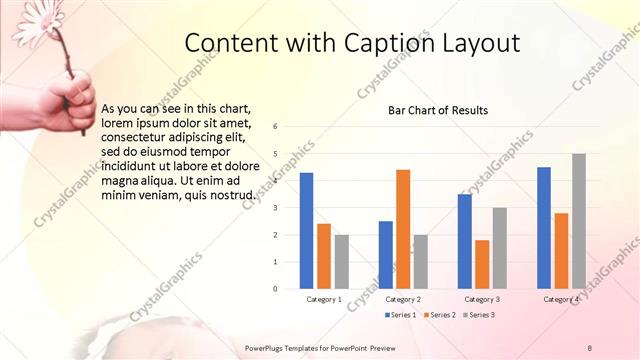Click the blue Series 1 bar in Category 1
click(x=306, y=231)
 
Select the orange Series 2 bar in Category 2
click(x=402, y=229)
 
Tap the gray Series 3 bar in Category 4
click(x=578, y=221)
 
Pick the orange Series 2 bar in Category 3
click(x=482, y=264)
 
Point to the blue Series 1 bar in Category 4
click(x=544, y=228)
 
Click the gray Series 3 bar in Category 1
click(x=341, y=262)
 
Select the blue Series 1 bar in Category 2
click(x=385, y=255)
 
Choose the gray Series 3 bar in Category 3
click(x=499, y=248)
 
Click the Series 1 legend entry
click(x=401, y=315)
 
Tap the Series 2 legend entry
click(x=439, y=315)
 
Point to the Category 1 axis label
click(x=324, y=299)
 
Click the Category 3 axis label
click(x=482, y=299)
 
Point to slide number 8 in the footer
click(x=590, y=348)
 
